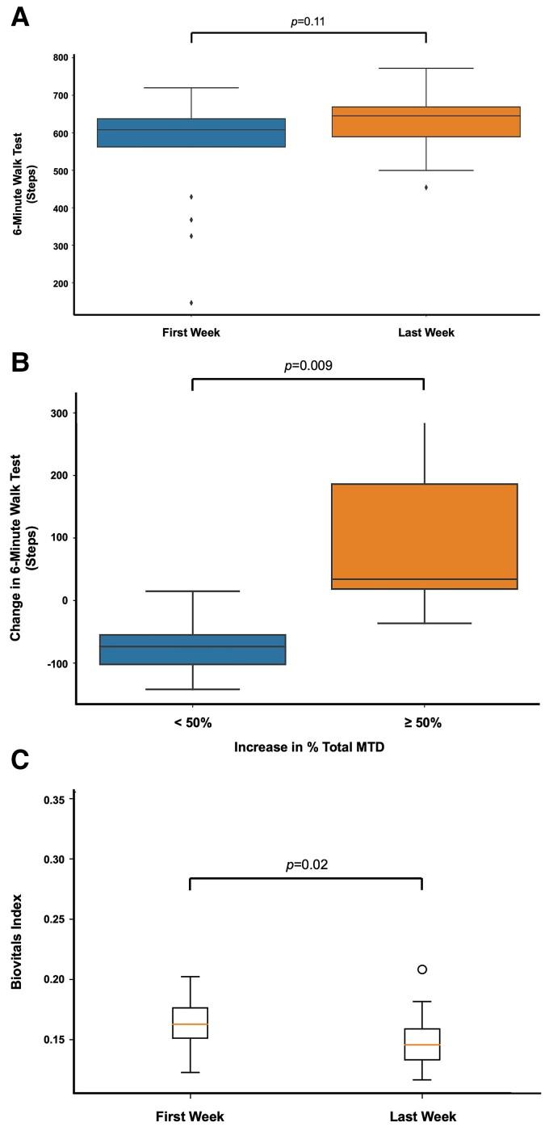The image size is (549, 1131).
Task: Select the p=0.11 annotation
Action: coord(308,20)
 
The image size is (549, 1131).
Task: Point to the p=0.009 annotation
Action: coord(308,367)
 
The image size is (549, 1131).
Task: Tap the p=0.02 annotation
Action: coord(306,864)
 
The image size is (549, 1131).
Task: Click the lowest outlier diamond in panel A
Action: coord(191,303)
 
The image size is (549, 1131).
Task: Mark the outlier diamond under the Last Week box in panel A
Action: coord(425,187)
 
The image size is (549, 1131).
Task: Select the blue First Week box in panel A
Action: coord(191,132)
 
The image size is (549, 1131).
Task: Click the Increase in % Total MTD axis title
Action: coord(308,748)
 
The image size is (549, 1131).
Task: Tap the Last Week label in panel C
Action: coord(422,1116)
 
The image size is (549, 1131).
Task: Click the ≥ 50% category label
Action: coord(424,723)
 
